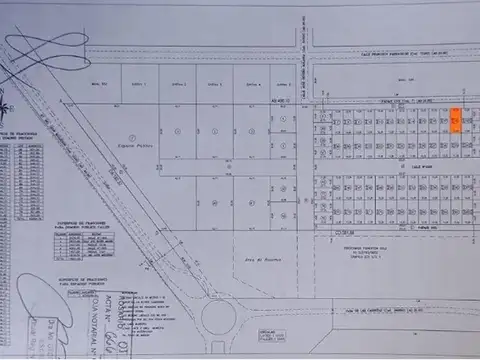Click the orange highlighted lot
[x=456, y=121]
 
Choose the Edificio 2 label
[x=178, y=83]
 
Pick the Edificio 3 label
[x=215, y=83]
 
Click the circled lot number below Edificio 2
[x=178, y=131]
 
